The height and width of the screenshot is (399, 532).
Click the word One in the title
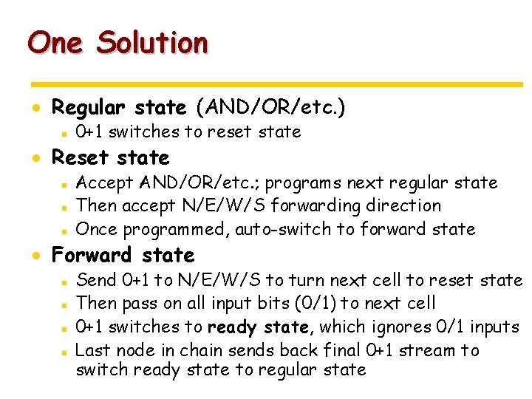[55, 43]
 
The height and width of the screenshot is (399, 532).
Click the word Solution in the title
[152, 43]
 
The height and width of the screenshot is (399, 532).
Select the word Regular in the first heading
[90, 108]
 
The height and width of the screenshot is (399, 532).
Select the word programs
[307, 183]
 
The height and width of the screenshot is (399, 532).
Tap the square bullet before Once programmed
[65, 230]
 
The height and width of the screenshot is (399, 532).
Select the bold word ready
[230, 327]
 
